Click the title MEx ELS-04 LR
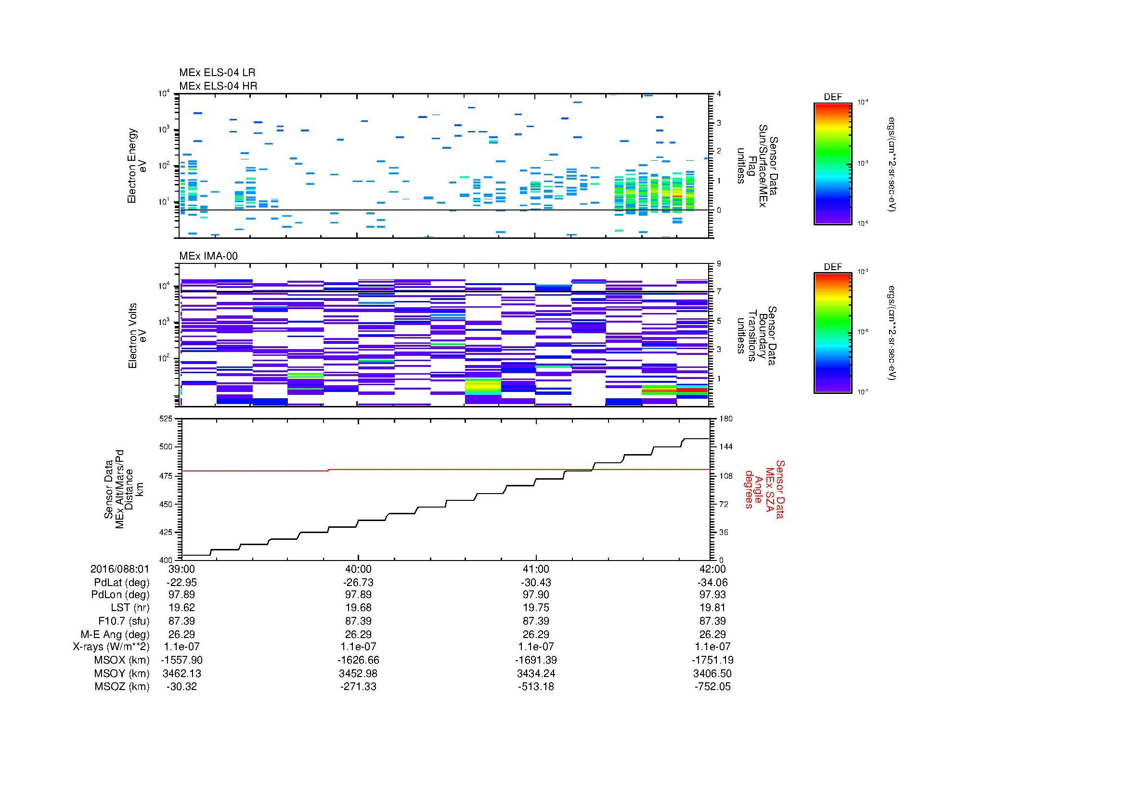point(217,73)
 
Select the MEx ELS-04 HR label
point(218,86)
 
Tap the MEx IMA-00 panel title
point(208,256)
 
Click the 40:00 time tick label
point(359,569)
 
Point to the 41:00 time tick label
point(536,569)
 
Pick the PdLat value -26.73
point(359,582)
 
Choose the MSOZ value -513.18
point(536,687)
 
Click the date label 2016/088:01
point(120,569)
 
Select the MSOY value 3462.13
point(182,673)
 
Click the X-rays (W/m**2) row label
point(111,647)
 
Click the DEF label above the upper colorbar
point(833,97)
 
